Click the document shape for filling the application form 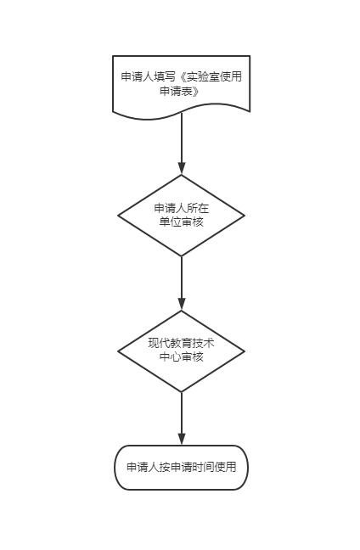pyautogui.click(x=181, y=87)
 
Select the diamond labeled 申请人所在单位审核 pyautogui.click(x=181, y=216)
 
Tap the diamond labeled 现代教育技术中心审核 pyautogui.click(x=181, y=351)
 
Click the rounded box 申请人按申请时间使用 pyautogui.click(x=181, y=468)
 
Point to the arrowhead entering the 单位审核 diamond pyautogui.click(x=182, y=168)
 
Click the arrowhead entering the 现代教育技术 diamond pyautogui.click(x=182, y=305)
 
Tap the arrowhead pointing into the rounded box pyautogui.click(x=182, y=439)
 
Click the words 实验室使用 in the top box pyautogui.click(x=214, y=76)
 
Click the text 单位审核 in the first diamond pyautogui.click(x=181, y=222)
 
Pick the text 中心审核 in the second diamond pyautogui.click(x=181, y=357)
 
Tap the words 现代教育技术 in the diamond pyautogui.click(x=181, y=344)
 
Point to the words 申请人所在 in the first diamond pyautogui.click(x=182, y=208)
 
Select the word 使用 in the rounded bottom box pyautogui.click(x=225, y=467)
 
